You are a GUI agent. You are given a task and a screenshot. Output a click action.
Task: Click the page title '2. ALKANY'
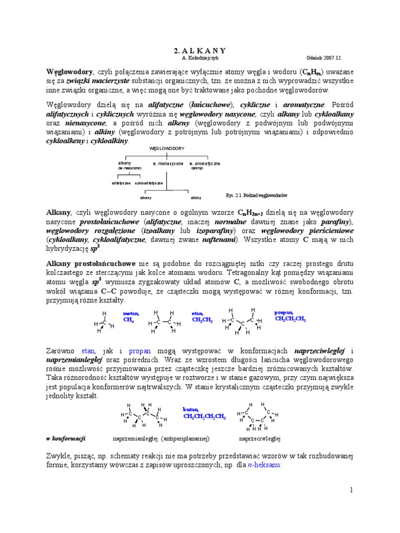click(x=199, y=50)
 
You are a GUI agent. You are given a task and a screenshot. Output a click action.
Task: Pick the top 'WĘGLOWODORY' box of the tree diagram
click(x=167, y=148)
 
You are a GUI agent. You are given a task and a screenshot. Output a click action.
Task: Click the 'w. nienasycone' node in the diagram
click(x=168, y=163)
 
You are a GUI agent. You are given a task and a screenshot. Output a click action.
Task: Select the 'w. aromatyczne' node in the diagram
click(x=204, y=163)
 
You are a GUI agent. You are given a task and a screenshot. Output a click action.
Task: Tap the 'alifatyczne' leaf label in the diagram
click(x=121, y=183)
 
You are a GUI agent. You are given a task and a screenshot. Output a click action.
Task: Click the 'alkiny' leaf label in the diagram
click(x=196, y=198)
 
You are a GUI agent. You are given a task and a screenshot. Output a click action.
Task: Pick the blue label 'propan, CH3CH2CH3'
click(x=290, y=316)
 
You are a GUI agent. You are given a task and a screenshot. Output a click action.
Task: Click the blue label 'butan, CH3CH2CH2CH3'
click(x=204, y=413)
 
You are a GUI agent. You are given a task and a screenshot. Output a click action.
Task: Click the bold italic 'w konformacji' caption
click(x=66, y=438)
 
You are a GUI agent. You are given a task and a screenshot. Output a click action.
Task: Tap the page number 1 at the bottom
click(x=351, y=490)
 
